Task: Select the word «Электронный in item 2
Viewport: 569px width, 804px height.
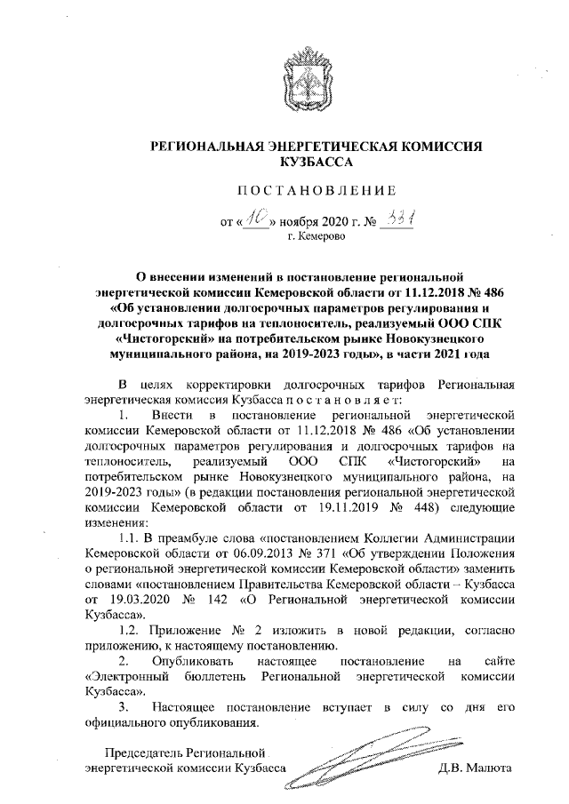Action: click(x=120, y=678)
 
